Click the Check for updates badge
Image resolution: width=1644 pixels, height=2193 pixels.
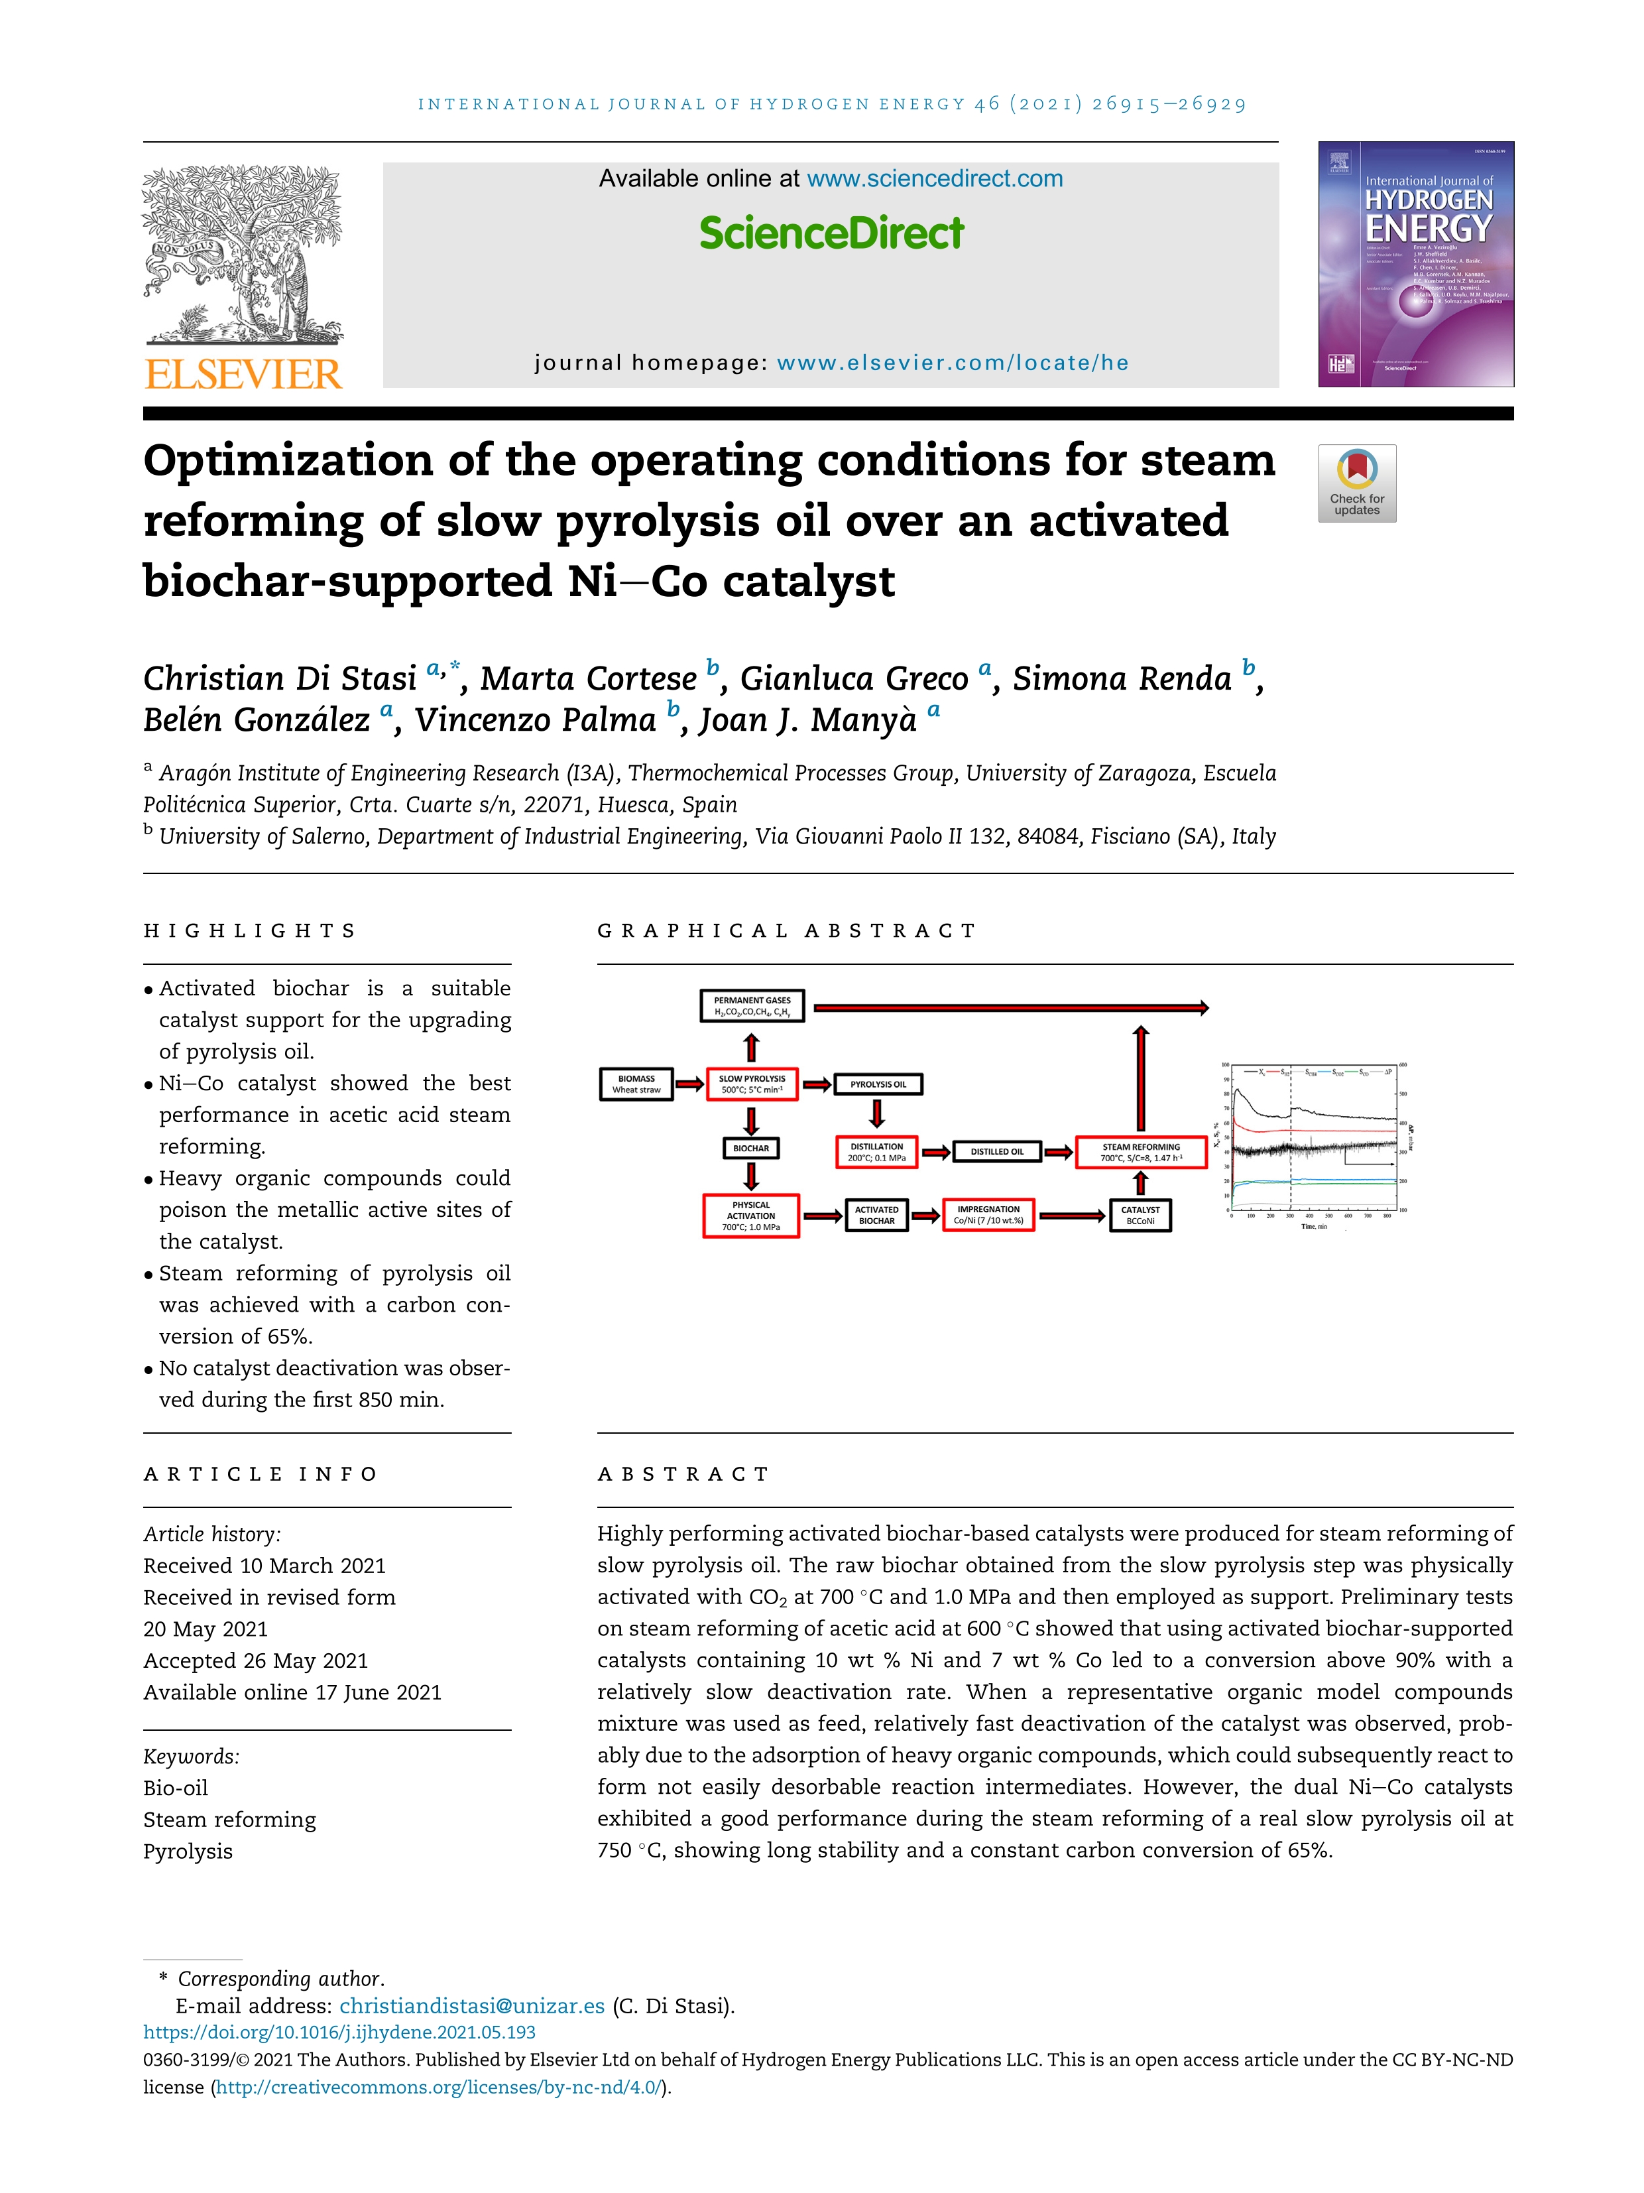click(1356, 483)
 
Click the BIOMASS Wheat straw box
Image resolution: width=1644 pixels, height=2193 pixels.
click(636, 1084)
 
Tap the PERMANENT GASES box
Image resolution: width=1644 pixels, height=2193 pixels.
click(752, 1006)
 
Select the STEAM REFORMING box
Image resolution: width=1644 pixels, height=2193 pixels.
click(1141, 1152)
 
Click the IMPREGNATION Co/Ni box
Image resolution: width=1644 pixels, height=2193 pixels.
click(988, 1214)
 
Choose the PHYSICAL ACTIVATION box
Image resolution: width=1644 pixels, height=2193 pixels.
click(751, 1216)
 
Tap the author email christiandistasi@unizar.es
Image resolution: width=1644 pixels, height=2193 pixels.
click(472, 2005)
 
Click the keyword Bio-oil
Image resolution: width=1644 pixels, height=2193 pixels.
click(176, 1788)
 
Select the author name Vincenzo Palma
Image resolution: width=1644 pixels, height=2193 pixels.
click(535, 720)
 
